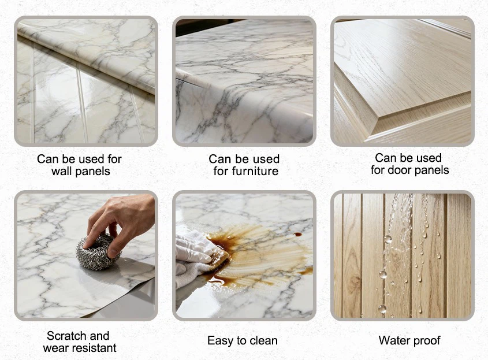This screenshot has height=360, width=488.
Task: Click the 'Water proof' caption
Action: [409, 340]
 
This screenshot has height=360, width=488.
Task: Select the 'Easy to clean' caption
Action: [243, 340]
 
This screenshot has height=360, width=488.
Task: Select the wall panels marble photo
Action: [86, 81]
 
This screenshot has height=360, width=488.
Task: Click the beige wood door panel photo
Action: [402, 81]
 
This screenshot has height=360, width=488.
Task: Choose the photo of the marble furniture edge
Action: [244, 81]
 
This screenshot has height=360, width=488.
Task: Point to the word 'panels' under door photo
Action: [431, 170]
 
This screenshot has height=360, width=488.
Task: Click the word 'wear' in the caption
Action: [55, 348]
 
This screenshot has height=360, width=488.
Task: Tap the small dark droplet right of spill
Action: [298, 235]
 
